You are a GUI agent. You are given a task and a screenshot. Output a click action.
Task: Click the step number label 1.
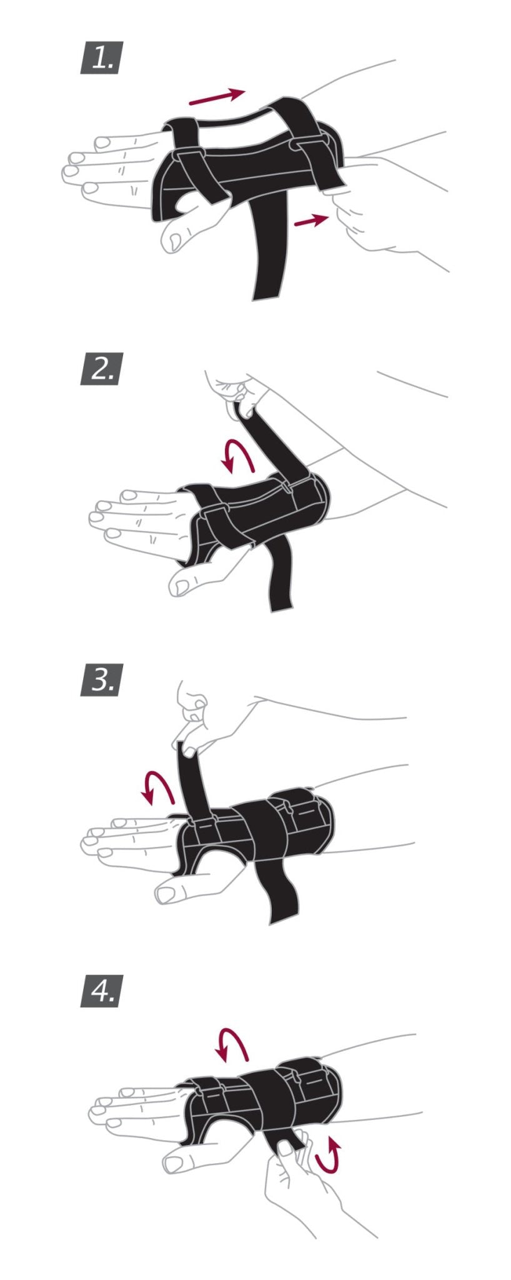101,57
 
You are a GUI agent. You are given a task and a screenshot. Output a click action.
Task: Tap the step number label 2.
101,369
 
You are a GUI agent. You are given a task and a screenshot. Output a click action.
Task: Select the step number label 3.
101,680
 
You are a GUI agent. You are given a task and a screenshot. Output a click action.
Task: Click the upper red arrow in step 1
216,96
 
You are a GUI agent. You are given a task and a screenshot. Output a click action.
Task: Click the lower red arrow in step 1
310,220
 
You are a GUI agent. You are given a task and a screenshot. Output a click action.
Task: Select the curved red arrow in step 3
157,786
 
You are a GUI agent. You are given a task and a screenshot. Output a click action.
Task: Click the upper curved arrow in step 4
231,1044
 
